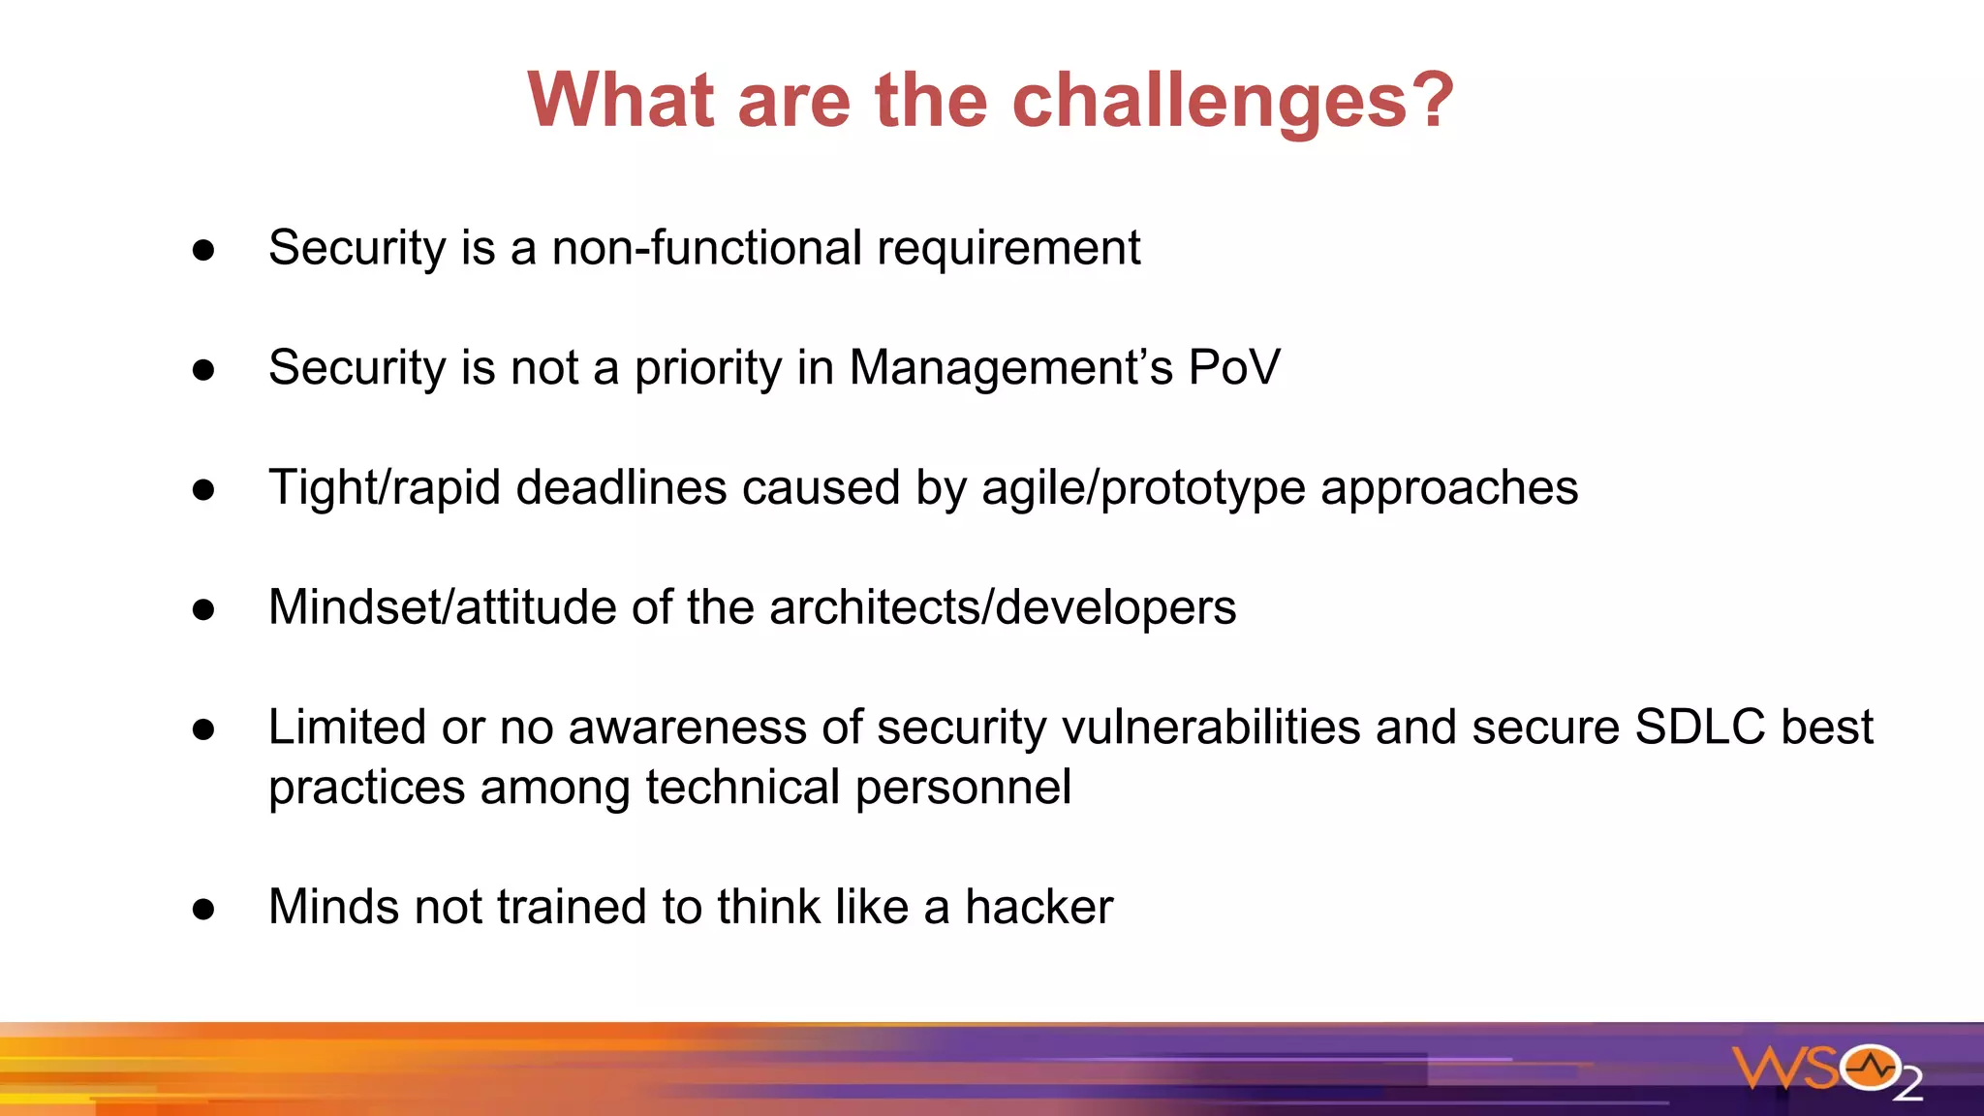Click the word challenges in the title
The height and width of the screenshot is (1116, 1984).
(1208, 101)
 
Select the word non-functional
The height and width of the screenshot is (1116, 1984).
(706, 248)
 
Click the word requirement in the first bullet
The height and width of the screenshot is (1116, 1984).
(1008, 248)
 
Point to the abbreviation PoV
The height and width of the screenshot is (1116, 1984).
(1234, 368)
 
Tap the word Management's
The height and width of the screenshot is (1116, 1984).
(1010, 368)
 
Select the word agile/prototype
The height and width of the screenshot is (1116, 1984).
(1143, 487)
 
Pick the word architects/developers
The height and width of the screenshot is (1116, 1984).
(1003, 607)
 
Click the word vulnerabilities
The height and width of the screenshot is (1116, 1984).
(1211, 727)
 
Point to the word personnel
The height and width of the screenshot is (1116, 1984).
(963, 787)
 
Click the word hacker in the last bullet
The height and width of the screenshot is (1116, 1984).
(1038, 907)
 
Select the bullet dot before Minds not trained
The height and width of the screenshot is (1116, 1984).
(203, 909)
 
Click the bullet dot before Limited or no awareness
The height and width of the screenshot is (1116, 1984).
(203, 729)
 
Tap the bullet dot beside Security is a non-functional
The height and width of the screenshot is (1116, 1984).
(203, 251)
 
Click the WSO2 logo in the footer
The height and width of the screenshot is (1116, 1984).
(1827, 1070)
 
